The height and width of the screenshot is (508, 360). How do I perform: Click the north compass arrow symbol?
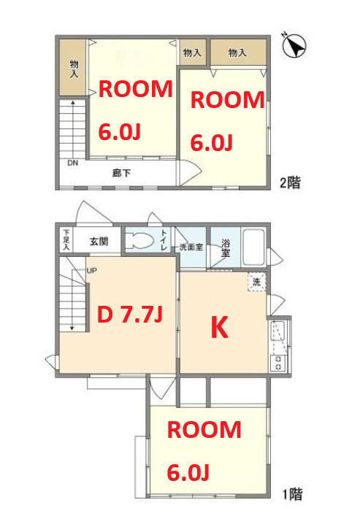click(x=294, y=46)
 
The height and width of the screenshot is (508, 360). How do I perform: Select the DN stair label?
click(x=72, y=163)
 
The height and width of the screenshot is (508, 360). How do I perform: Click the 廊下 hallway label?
click(x=121, y=173)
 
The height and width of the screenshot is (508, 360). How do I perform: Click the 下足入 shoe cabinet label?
click(x=66, y=239)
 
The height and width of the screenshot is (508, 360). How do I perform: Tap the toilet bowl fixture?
click(x=138, y=240)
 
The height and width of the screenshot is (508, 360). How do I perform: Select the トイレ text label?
click(x=164, y=241)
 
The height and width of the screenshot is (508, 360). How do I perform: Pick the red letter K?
click(x=218, y=329)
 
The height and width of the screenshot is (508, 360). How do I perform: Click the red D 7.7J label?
click(x=129, y=315)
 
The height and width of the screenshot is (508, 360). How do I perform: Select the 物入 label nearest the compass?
click(x=237, y=53)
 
